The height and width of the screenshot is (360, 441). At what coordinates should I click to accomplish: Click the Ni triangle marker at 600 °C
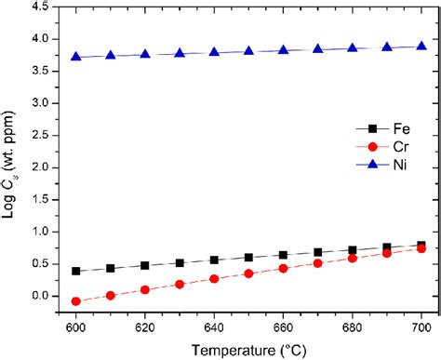coord(75,57)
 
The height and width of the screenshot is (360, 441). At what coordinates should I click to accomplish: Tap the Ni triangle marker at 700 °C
coord(421,46)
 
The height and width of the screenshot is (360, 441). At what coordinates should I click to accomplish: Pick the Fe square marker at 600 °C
coord(75,271)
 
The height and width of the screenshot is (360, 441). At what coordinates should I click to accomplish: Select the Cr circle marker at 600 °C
coord(75,301)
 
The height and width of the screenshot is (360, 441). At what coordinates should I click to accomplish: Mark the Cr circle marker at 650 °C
coord(248,273)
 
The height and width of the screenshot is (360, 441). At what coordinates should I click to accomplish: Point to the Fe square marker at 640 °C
coord(214,260)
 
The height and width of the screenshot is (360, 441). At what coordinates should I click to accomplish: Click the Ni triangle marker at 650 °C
coord(248,51)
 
